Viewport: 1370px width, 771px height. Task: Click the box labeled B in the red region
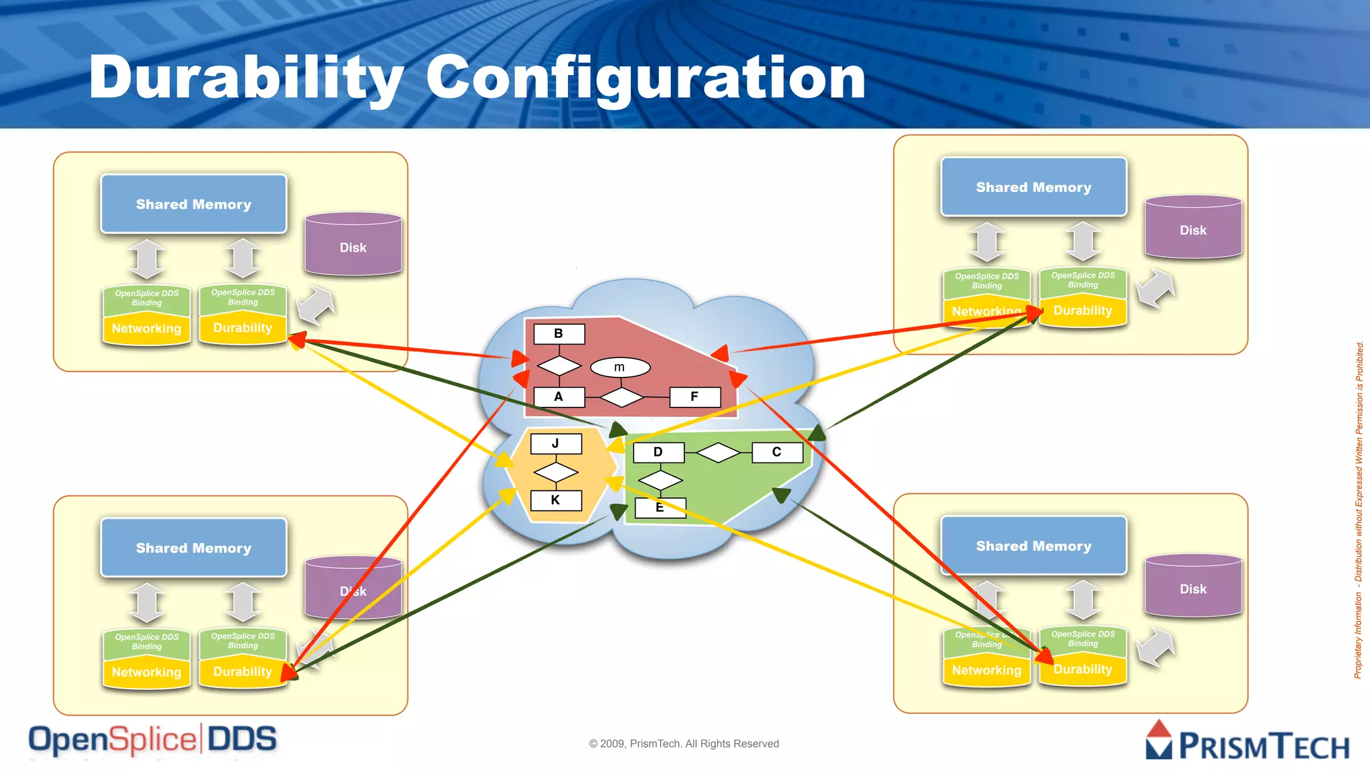point(559,333)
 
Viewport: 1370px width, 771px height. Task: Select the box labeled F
point(694,397)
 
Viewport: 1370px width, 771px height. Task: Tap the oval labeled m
point(620,367)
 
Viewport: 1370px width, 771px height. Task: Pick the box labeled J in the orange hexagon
point(555,444)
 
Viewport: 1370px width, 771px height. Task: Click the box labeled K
point(555,500)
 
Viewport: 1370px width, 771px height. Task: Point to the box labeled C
point(777,452)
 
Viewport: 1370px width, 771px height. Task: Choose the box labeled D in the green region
point(658,452)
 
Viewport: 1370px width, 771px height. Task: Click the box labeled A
point(559,397)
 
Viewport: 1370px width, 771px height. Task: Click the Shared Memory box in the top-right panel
point(1034,187)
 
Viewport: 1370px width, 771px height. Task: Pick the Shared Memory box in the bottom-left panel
point(193,547)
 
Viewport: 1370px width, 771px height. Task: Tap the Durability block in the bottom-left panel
point(242,672)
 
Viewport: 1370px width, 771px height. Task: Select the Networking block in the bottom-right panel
point(986,671)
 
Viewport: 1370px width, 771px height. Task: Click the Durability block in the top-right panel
point(1083,311)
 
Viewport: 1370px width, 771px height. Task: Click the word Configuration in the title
point(646,79)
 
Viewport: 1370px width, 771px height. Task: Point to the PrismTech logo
point(1248,742)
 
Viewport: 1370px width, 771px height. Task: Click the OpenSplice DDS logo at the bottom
point(153,740)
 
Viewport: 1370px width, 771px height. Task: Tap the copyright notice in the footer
point(684,744)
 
